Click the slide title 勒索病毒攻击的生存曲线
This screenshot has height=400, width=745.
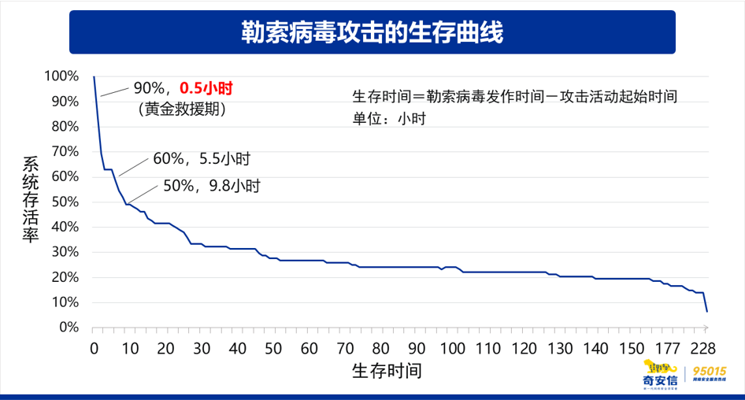(x=372, y=33)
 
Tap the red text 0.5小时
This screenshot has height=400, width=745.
(x=208, y=88)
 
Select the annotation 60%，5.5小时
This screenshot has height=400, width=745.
(x=202, y=159)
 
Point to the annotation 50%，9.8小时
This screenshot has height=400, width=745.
(x=210, y=187)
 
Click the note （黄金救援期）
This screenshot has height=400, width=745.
(x=182, y=109)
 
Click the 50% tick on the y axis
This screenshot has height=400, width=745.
(x=64, y=202)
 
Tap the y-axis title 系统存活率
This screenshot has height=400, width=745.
(x=30, y=201)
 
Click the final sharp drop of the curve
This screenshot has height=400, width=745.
(x=706, y=302)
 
